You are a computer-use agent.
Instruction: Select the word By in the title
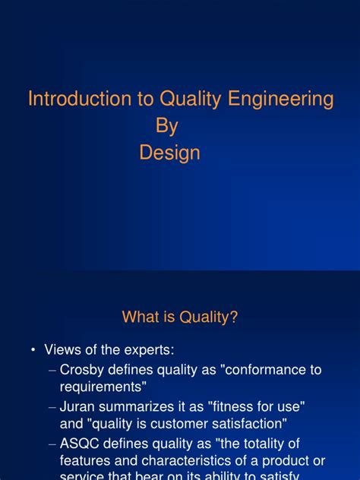[166, 126]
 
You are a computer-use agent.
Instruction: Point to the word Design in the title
[169, 153]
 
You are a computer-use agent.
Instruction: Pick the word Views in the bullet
[62, 349]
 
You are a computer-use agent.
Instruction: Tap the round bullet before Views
[33, 350]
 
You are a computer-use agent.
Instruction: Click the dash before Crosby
[52, 370]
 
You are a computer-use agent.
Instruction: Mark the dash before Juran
[52, 406]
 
